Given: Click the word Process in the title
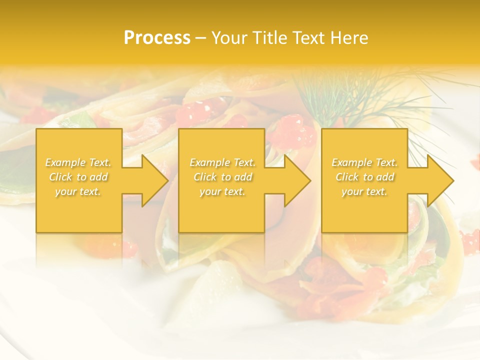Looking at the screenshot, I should point(157,38).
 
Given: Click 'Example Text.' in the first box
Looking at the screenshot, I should point(78,162).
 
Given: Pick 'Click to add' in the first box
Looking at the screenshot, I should point(78,177).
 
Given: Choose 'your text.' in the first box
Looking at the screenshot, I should point(78,191).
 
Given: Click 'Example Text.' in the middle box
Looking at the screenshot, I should point(222,162).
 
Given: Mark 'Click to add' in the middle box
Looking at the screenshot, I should point(222,177).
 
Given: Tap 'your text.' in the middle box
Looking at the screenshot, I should point(222,191).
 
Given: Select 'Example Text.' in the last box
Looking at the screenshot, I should point(364,162).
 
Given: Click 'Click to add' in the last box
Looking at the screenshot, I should point(364,177).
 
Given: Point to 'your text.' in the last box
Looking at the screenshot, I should point(364,191).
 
